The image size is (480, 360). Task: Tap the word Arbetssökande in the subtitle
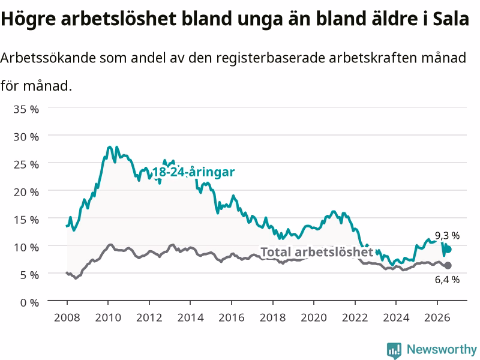coord(48,58)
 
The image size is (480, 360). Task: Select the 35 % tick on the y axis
coord(26,109)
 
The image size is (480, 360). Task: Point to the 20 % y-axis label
coord(26,192)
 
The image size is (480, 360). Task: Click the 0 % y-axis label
coord(29,302)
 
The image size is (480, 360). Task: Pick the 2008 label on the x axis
coord(67,317)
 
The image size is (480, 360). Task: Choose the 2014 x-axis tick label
coord(190,317)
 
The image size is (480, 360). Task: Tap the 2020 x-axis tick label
coord(314,317)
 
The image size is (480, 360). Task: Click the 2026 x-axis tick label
coord(437,317)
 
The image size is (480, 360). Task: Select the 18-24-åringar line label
coord(193,172)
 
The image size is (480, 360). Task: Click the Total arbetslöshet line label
coord(317,252)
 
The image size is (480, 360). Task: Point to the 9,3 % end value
coord(447,235)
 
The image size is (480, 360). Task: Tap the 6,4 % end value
coord(447,280)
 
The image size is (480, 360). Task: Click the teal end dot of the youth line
coord(448,250)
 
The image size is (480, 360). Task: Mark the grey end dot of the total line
coord(448,265)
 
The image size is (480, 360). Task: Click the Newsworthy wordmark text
coord(442,349)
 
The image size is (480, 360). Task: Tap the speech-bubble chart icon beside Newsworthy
coord(394,350)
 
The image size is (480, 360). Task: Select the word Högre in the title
coord(28,19)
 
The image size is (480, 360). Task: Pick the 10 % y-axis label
coord(26,247)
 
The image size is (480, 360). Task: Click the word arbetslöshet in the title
coord(118,19)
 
